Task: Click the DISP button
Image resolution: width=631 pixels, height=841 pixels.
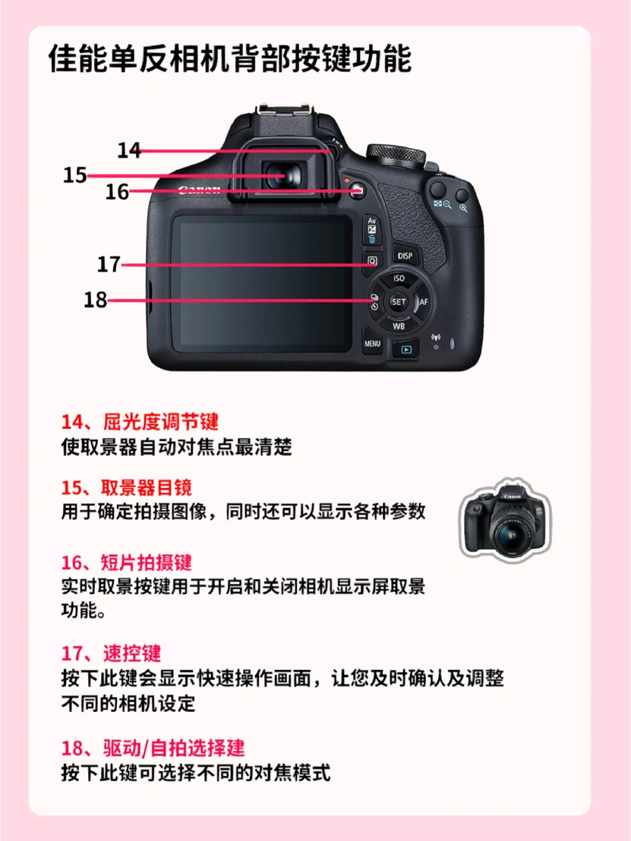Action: point(405,255)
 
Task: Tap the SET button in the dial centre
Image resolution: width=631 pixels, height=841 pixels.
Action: point(398,302)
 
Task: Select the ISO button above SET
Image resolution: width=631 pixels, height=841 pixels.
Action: point(398,279)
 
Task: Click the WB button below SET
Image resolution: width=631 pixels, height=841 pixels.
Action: point(398,326)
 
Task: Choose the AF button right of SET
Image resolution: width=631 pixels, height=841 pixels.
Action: point(422,302)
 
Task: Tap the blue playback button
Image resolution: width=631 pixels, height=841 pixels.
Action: point(405,349)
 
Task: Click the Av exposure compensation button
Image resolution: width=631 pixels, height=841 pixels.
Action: point(372,230)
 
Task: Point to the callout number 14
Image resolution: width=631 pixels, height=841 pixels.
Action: point(129,150)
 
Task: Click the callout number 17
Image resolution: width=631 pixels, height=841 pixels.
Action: point(109,264)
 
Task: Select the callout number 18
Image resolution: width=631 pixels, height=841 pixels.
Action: point(95,300)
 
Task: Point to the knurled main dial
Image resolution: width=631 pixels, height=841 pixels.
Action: point(396,155)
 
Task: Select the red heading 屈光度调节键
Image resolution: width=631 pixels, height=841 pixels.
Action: point(161,422)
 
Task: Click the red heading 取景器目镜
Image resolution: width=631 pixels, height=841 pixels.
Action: point(146,488)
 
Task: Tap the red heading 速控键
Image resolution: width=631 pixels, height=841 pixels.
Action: point(131,653)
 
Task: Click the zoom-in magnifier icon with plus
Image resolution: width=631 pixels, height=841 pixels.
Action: point(463,208)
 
